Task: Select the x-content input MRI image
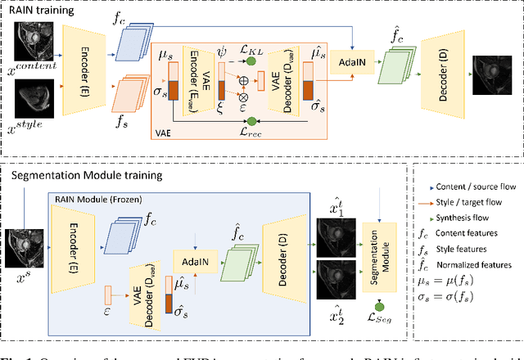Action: pos(37,39)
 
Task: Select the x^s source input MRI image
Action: pos(23,248)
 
